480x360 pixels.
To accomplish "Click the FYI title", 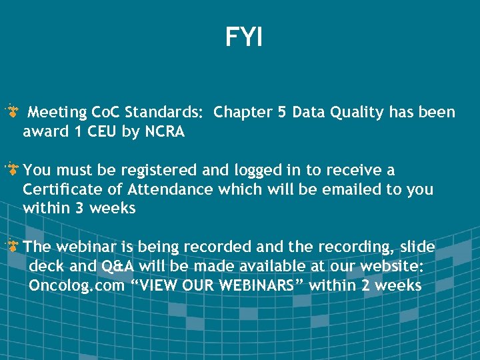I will click(244, 37).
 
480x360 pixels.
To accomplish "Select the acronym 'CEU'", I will click(101, 131).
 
